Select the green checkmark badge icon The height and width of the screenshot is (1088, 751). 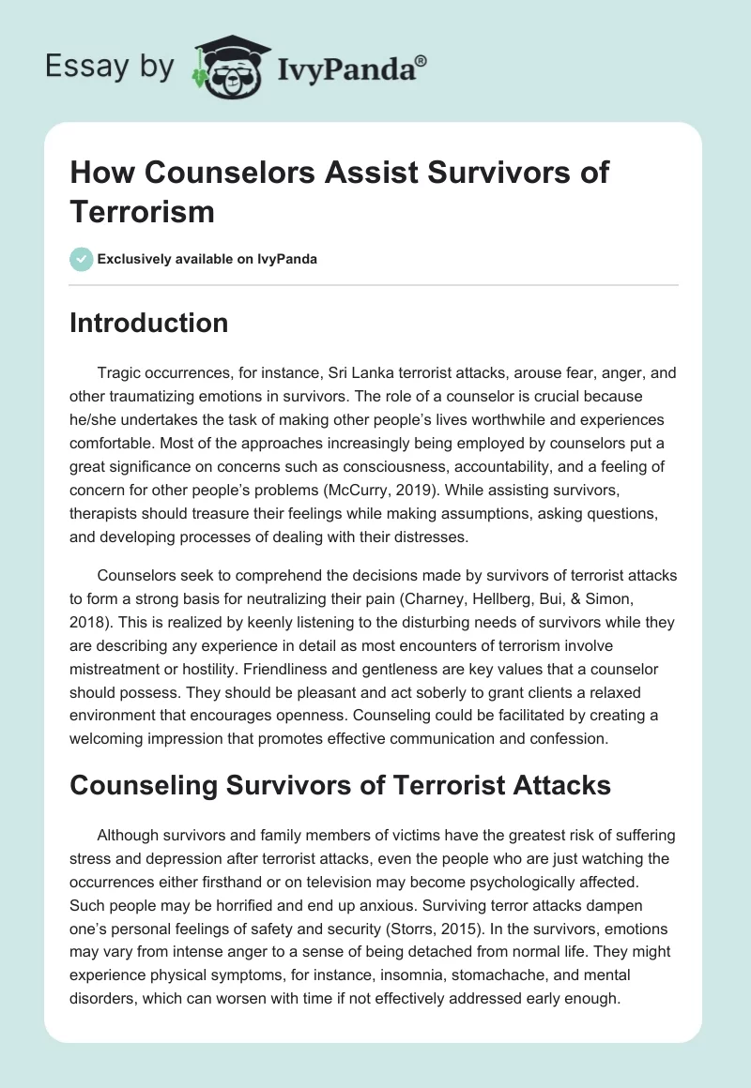pyautogui.click(x=81, y=259)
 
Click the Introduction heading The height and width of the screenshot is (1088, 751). pyautogui.click(x=148, y=324)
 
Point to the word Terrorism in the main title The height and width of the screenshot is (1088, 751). pyautogui.click(x=142, y=212)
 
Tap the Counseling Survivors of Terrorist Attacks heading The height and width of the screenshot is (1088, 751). pyautogui.click(x=340, y=785)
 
